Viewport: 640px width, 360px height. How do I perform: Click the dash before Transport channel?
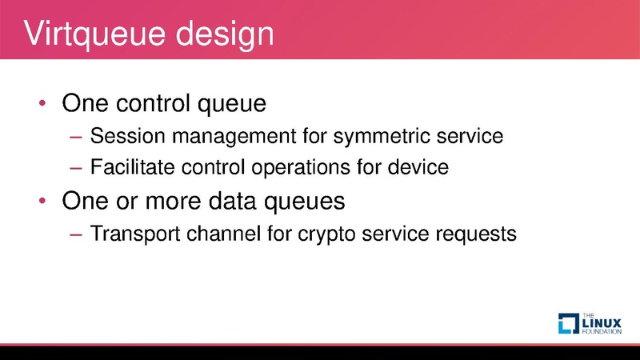(x=77, y=234)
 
